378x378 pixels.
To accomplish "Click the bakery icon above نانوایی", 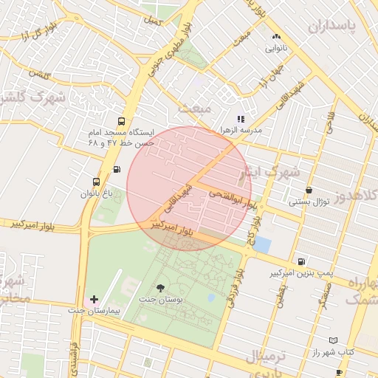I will click(277, 36).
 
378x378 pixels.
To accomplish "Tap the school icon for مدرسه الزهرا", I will click(240, 118).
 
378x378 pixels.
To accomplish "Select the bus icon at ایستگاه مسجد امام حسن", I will click(121, 123).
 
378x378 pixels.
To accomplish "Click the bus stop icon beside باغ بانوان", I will click(96, 182).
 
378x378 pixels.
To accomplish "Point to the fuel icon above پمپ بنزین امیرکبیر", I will click(300, 261).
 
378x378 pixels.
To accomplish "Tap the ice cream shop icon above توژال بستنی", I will click(308, 190).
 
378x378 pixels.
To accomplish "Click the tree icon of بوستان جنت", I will click(161, 287).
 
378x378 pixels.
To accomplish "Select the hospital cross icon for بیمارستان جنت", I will click(93, 300).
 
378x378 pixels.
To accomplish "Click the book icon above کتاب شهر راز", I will click(333, 340).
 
